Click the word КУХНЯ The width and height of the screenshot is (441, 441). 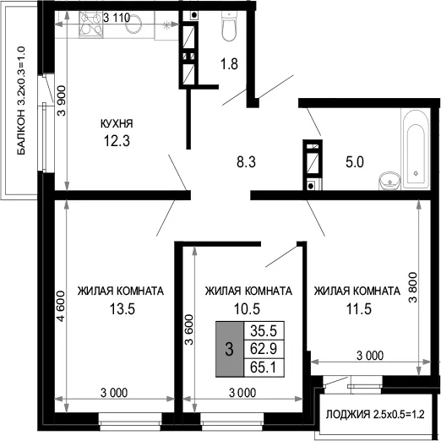[117, 123]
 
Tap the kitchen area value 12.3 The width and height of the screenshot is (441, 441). [117, 141]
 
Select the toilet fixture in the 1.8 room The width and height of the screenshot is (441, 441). [229, 26]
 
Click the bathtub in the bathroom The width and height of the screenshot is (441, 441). [416, 150]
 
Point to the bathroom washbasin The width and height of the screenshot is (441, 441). [389, 181]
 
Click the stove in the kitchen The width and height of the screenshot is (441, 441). [90, 24]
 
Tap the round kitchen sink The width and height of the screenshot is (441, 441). [133, 23]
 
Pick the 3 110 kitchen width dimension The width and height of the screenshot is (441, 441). [117, 18]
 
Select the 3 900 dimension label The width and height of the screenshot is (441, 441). [62, 101]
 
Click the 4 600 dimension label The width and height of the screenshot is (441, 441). [61, 306]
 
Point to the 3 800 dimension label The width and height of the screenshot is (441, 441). [413, 287]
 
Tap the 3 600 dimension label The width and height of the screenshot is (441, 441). [189, 329]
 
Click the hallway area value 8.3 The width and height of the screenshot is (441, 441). [246, 162]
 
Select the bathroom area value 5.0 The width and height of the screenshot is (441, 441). [355, 162]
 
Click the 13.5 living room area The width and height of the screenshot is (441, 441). [122, 309]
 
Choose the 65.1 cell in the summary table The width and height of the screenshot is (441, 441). [264, 367]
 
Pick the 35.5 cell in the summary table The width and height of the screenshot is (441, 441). [264, 330]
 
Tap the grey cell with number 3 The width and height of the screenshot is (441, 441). [230, 349]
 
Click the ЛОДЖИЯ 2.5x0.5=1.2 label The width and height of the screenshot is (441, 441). [375, 415]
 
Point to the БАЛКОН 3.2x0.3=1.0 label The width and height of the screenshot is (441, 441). [21, 101]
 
